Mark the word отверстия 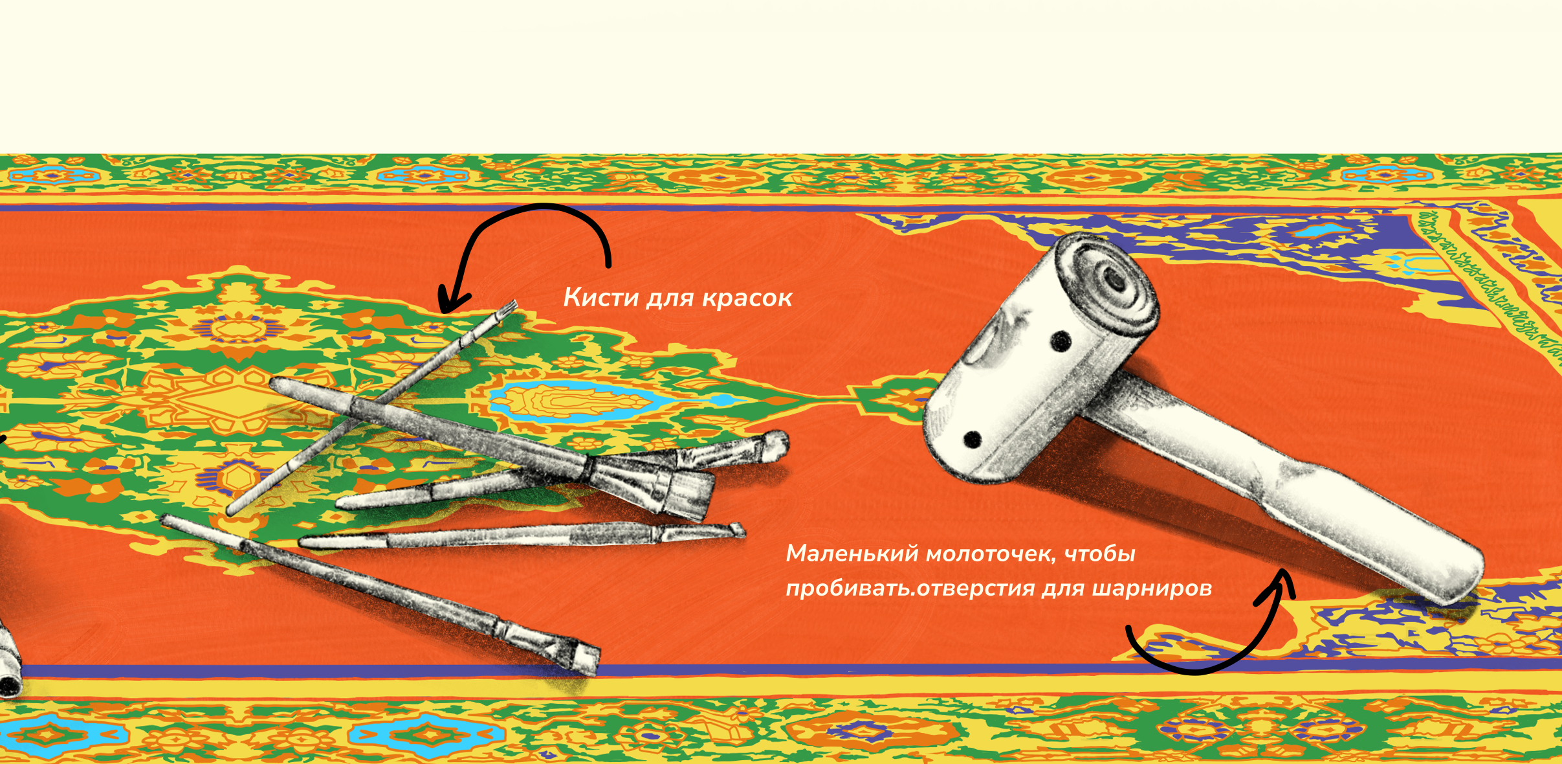976,589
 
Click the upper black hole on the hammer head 1061,341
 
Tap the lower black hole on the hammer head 973,440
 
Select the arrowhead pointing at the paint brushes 453,299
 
